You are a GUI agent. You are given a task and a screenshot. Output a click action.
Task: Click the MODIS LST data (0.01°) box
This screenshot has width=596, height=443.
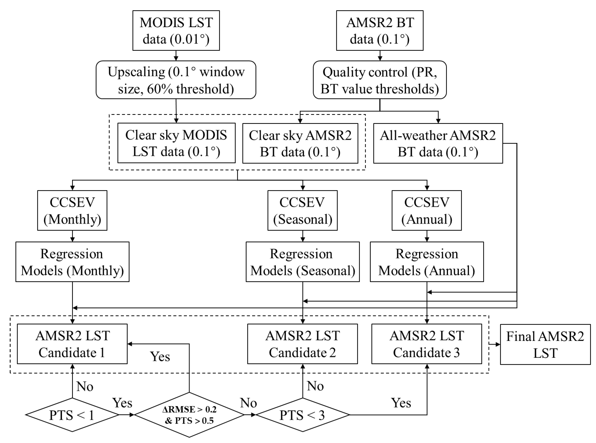coord(176,31)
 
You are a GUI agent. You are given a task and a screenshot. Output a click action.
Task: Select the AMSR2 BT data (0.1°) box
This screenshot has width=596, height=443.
coord(379,31)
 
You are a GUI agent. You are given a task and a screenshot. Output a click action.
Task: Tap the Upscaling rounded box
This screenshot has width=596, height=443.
coord(176,80)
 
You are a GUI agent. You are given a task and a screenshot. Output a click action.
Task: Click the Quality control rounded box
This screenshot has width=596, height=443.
coord(379,80)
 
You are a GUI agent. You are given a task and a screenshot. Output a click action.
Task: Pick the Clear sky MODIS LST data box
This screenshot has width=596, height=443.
coord(176,143)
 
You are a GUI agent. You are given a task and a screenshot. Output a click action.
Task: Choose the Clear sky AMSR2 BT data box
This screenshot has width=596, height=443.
coord(300,143)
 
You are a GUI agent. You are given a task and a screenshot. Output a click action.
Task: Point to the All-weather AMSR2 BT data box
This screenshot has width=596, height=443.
coord(438,143)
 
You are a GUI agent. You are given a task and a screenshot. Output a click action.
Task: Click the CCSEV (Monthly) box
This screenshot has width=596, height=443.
coord(72,210)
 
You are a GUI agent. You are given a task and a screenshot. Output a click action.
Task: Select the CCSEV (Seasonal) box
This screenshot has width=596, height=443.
coord(302,210)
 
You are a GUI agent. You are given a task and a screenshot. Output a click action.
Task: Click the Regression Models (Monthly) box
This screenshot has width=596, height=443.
coord(72,262)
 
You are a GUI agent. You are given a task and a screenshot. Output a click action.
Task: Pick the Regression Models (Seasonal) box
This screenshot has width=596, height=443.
coord(302,262)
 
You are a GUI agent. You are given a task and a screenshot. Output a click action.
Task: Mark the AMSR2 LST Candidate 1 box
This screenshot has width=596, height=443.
coord(72,344)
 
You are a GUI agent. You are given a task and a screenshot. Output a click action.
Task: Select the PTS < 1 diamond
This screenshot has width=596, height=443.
coord(72,415)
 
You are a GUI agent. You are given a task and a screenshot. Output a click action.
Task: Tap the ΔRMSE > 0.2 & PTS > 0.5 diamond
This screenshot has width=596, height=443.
coord(189,415)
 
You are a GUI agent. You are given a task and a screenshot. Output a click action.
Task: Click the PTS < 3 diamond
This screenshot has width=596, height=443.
coord(302,415)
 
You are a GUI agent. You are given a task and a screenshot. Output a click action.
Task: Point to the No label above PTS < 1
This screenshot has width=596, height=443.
coord(85,386)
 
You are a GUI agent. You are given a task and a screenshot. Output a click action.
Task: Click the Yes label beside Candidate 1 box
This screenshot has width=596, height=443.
coord(160,356)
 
